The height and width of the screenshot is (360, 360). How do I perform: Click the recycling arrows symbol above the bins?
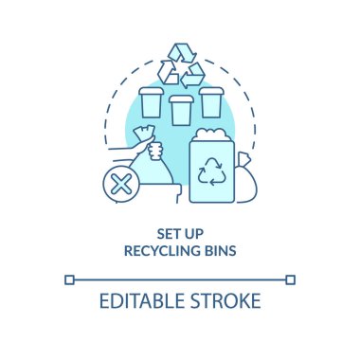tap(180, 63)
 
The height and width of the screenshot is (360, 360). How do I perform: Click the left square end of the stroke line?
tap(69, 279)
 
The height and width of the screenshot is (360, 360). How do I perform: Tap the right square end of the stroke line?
tap(290, 279)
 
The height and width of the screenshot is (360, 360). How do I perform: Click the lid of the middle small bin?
tap(180, 99)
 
